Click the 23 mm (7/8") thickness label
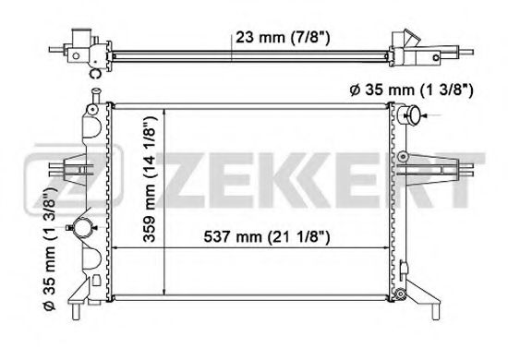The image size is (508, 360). coord(283,38)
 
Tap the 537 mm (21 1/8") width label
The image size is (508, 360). coord(267,237)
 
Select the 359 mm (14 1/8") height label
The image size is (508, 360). coord(151,179)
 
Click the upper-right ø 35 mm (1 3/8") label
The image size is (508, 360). coord(411,90)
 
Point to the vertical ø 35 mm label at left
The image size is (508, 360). coord(50,248)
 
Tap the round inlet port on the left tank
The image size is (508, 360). coord(83,228)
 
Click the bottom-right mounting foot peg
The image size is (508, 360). coord(435,312)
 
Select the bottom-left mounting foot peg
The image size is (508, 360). coord(76,312)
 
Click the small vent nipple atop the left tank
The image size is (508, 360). coord(95,94)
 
